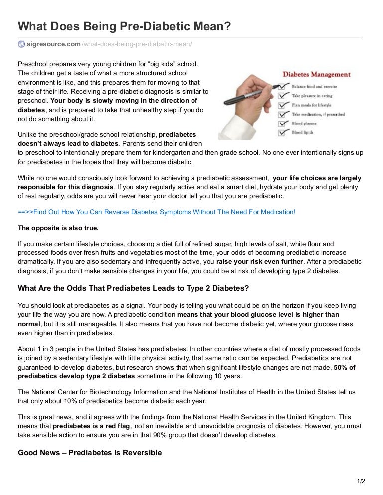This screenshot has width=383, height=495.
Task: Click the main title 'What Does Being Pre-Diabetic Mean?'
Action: tap(125, 26)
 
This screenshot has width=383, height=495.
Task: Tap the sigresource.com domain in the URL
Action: tap(53, 44)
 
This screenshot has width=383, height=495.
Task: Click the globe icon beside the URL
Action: tap(21, 44)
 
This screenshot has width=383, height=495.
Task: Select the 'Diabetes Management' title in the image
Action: tap(317, 75)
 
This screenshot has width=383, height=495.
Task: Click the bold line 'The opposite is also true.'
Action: tap(58, 228)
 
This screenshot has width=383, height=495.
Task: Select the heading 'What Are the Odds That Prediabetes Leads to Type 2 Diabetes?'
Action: tap(133, 288)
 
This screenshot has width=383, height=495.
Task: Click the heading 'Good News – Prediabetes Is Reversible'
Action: tap(90, 453)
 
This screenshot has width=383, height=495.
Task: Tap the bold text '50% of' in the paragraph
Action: tap(345, 368)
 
